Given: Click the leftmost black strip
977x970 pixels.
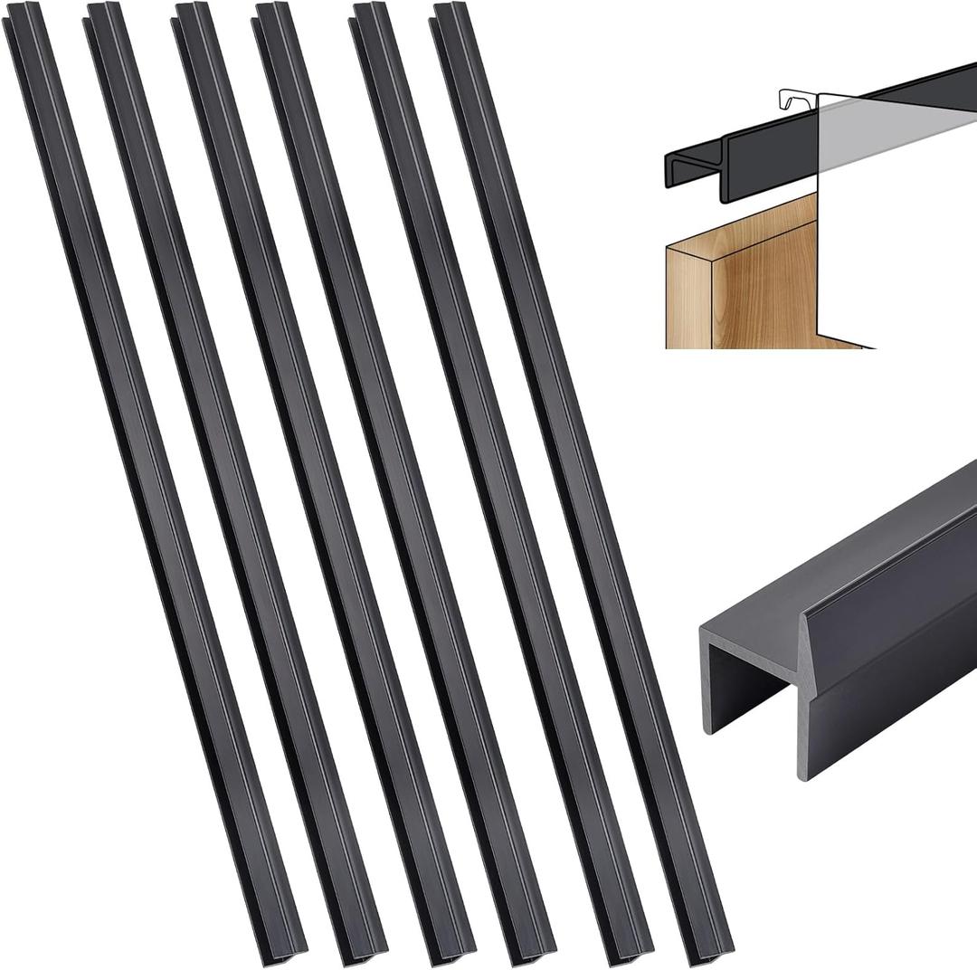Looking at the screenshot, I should click(x=154, y=480).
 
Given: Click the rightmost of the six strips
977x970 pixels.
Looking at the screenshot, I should click(x=579, y=480).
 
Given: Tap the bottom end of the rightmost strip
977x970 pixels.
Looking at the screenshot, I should click(x=710, y=946).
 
